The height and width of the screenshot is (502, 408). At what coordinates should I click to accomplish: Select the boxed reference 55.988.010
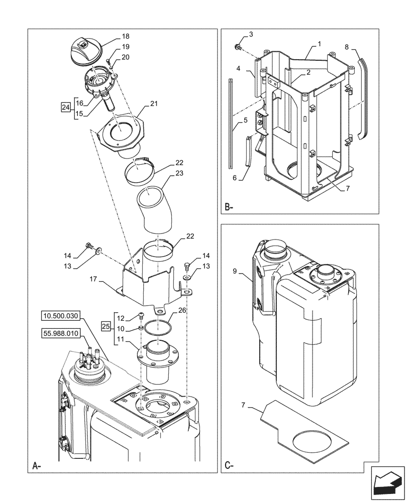click(61, 332)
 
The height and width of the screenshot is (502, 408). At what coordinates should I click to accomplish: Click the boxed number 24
click(66, 107)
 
